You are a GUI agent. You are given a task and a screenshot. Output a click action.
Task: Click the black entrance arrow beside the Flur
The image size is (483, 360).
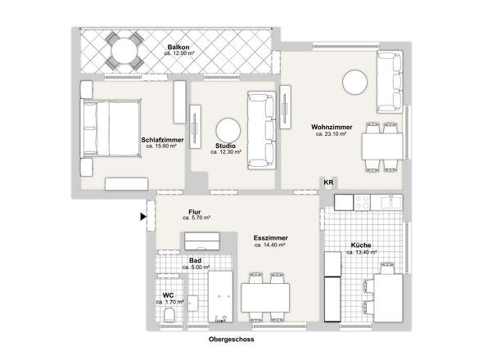click(x=143, y=217)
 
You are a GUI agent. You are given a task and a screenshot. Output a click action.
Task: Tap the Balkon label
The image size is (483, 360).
click(x=178, y=47)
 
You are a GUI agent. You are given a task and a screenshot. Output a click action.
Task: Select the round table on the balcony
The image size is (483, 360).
click(x=124, y=51)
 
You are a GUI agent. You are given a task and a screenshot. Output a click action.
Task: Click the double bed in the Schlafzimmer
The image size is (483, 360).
click(x=111, y=128)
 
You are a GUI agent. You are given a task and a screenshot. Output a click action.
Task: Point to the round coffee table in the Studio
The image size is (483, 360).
click(x=228, y=131)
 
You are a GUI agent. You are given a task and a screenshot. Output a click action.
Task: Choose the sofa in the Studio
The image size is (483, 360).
click(x=261, y=130)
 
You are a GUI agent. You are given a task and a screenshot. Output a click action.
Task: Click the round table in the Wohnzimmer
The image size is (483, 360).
click(x=354, y=82)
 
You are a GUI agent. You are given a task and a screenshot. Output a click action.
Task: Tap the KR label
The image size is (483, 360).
click(x=328, y=182)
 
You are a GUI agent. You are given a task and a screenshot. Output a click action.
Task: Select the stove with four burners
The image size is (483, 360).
click(x=362, y=203)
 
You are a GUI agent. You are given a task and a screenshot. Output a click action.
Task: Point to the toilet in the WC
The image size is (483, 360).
click(x=169, y=314)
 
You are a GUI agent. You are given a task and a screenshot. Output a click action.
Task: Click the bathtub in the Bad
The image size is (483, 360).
click(x=220, y=296)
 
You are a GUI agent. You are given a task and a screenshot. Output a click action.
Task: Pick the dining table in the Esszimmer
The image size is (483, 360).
click(x=265, y=298)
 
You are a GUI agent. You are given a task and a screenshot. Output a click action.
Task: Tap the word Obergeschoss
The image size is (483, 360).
click(x=232, y=340)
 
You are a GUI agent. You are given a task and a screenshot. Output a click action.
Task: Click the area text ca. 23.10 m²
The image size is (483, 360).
click(x=331, y=134)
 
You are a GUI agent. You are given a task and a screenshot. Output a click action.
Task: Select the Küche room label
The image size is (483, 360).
click(x=361, y=245)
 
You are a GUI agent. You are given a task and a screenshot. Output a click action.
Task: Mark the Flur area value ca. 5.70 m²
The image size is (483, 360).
click(x=196, y=218)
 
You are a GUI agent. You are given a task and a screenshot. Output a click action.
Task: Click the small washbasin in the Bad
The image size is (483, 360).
click(x=193, y=304)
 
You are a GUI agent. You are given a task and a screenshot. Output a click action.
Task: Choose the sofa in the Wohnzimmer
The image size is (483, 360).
click(x=390, y=81)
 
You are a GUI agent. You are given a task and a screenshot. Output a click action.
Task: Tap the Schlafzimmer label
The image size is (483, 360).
click(x=162, y=140)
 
